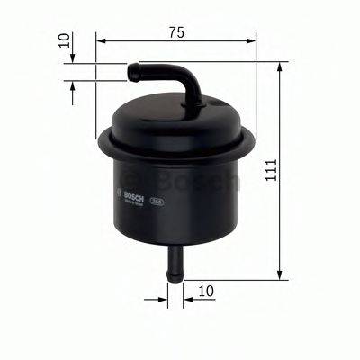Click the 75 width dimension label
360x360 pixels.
click(x=175, y=32)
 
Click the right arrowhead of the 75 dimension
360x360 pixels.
click(x=251, y=40)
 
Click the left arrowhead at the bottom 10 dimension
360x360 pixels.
click(x=163, y=292)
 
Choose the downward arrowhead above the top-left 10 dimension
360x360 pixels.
click(x=73, y=57)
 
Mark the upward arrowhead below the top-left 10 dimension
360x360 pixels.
click(x=73, y=82)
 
